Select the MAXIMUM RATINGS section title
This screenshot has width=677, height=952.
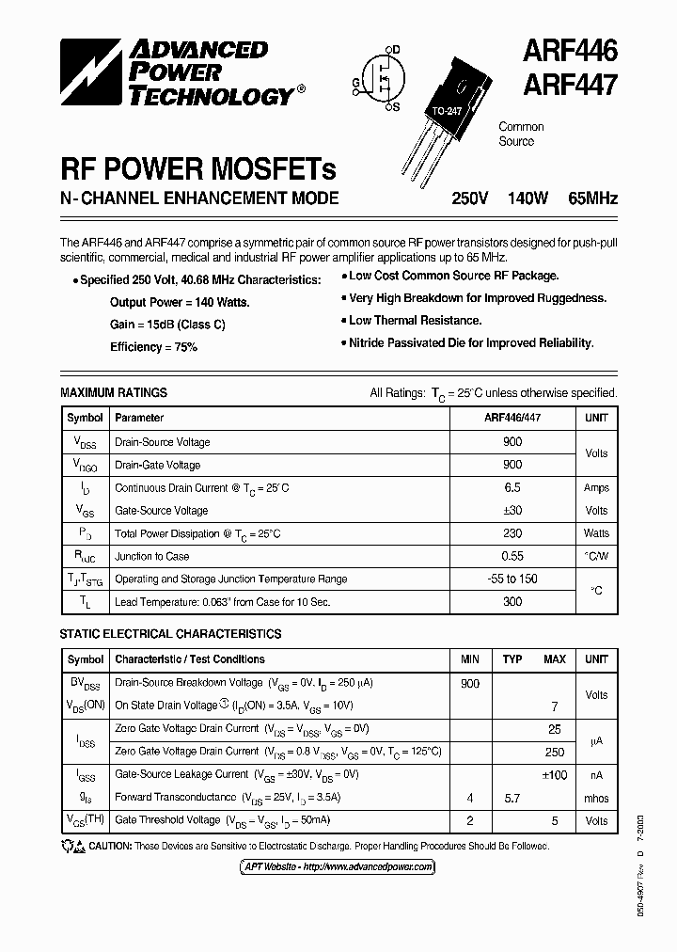point(114,392)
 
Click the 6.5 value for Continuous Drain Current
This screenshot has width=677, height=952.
point(512,488)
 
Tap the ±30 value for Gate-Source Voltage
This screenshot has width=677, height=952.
point(512,511)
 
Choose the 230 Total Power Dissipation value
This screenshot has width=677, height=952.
point(512,533)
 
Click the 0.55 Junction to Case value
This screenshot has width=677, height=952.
point(512,556)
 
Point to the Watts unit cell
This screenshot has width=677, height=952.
point(596,533)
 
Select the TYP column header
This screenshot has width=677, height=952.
point(512,659)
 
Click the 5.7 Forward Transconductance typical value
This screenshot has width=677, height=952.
point(512,798)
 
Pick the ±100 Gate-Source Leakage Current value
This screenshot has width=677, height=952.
point(554,774)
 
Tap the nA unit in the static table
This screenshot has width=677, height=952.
point(596,774)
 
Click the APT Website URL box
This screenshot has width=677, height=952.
point(367,866)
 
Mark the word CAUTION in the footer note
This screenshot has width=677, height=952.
point(110,846)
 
